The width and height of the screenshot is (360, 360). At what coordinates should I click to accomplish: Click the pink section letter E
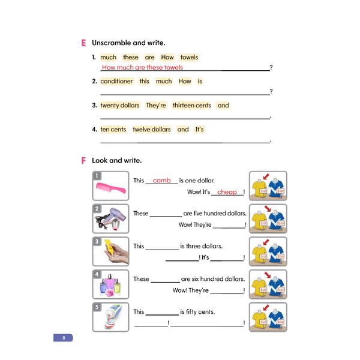click(83, 43)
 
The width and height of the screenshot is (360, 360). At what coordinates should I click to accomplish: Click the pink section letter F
click(83, 161)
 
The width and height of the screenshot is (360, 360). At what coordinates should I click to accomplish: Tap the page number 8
click(64, 338)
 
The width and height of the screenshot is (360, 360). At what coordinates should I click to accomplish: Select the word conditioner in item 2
click(116, 82)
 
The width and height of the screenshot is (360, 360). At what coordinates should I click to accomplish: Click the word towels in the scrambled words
click(189, 58)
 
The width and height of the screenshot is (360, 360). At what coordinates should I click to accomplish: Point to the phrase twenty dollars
click(120, 106)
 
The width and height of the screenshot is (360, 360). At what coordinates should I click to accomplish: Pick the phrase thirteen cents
click(191, 106)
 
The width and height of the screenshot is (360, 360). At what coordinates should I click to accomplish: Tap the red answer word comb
click(162, 180)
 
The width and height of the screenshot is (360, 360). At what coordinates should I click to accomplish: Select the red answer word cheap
click(227, 192)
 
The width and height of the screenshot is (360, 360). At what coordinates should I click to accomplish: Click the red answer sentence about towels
click(142, 68)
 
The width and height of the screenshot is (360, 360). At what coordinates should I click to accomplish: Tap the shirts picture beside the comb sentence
click(268, 186)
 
